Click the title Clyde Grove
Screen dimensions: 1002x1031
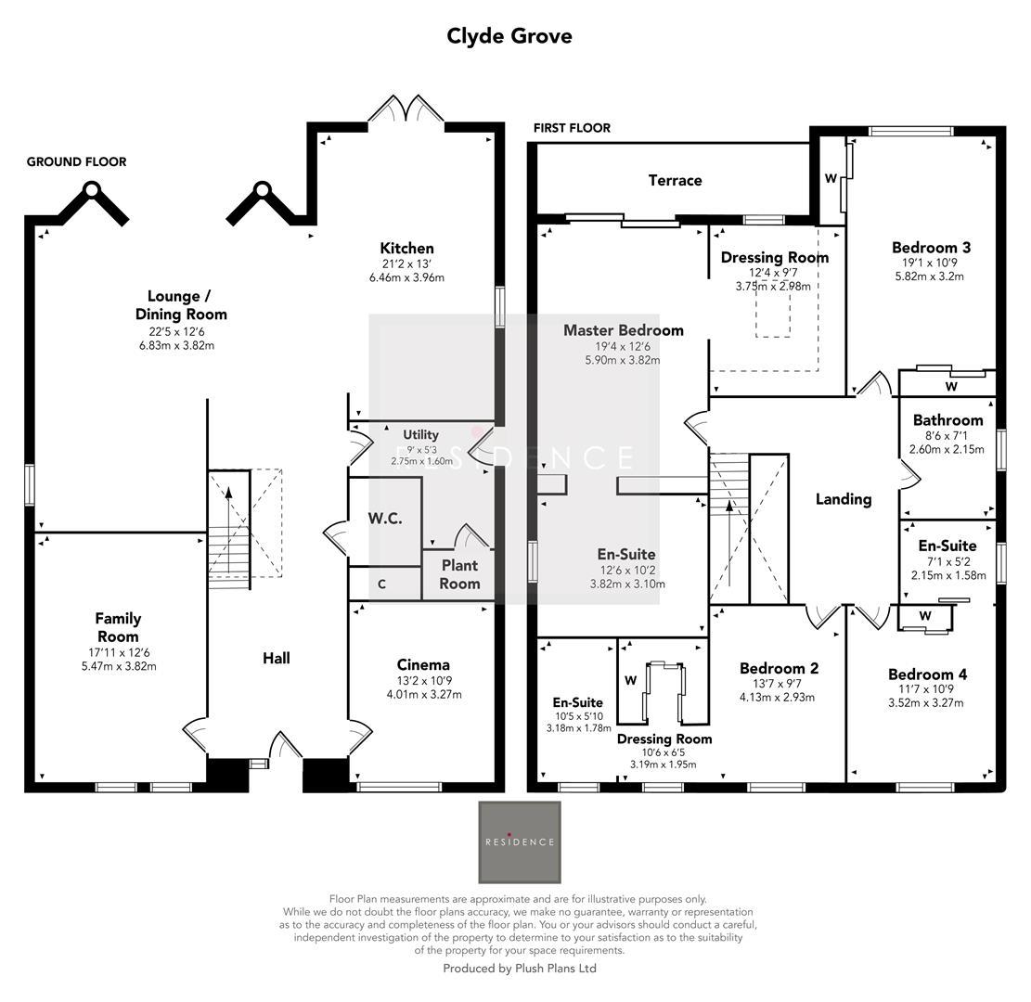click(509, 36)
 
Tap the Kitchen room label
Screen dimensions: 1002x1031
click(406, 249)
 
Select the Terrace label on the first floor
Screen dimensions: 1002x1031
click(675, 180)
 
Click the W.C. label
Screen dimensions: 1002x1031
click(384, 519)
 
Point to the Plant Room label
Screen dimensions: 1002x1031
click(459, 574)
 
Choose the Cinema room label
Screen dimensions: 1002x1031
click(423, 664)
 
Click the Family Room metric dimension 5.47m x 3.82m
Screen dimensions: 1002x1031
click(118, 666)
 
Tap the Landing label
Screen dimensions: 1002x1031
click(843, 499)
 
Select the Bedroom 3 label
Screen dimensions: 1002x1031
click(931, 248)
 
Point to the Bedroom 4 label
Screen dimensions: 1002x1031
click(927, 674)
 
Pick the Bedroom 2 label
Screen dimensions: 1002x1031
click(779, 668)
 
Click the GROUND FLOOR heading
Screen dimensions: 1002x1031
click(76, 161)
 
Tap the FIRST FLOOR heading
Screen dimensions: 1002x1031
click(572, 128)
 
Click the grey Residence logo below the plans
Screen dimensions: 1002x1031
click(520, 842)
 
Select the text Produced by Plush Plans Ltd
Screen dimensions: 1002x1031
click(520, 968)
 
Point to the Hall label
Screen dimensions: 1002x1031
click(276, 658)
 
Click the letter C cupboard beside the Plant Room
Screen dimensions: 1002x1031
click(381, 584)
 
